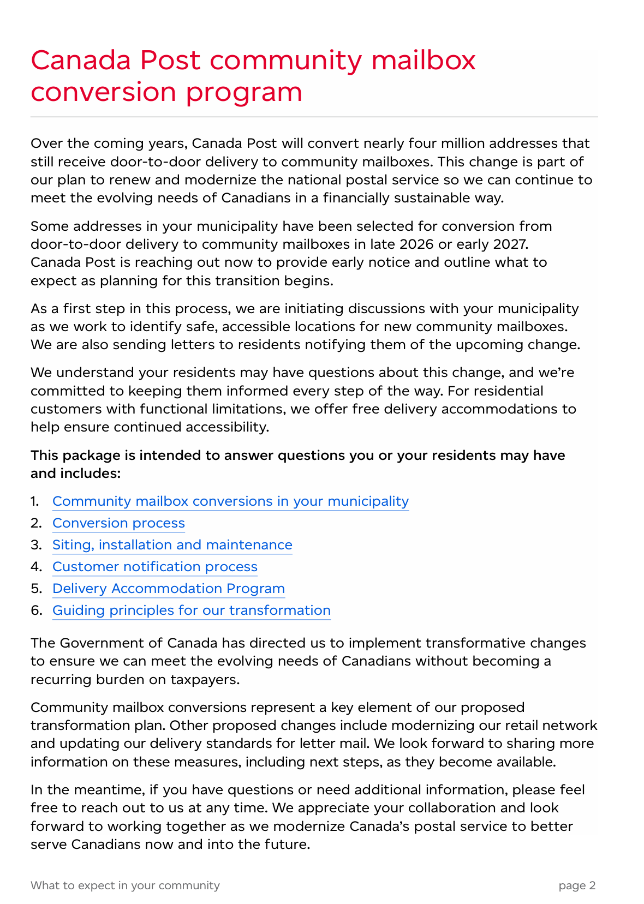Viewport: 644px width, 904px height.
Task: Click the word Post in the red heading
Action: (x=170, y=60)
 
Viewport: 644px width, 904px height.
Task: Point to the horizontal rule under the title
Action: (x=314, y=117)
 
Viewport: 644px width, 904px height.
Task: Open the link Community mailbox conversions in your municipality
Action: (x=230, y=501)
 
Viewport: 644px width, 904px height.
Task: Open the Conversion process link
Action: (x=118, y=523)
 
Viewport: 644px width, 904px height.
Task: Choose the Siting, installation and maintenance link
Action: (x=172, y=545)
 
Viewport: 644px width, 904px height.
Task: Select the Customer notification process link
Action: (x=154, y=567)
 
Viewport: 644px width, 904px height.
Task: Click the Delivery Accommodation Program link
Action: (x=168, y=589)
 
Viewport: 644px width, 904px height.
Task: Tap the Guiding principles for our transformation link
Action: (x=191, y=610)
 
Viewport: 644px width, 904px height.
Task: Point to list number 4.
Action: (x=35, y=567)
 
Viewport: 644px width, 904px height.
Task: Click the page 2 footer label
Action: (x=577, y=885)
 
